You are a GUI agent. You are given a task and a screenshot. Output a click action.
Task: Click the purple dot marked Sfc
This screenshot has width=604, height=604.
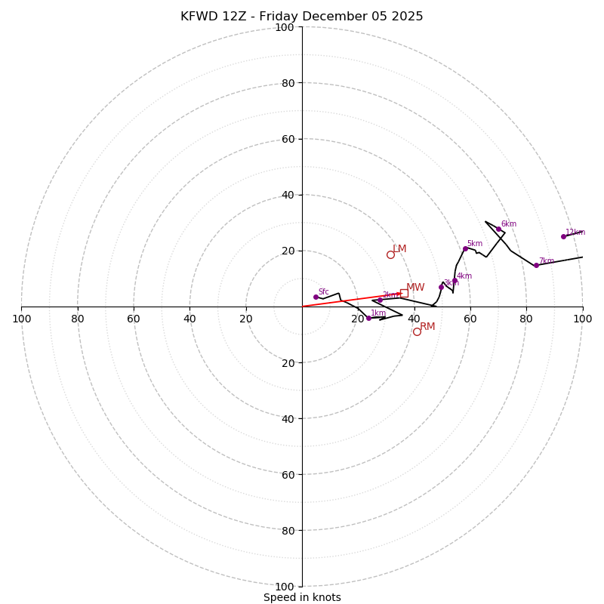(x=316, y=297)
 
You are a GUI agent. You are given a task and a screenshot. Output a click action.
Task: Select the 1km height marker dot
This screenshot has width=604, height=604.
(x=368, y=318)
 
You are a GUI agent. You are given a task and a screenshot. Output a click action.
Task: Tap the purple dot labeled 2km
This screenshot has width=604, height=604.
(x=380, y=300)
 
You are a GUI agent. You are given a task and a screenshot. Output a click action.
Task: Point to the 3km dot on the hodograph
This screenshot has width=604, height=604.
(x=441, y=287)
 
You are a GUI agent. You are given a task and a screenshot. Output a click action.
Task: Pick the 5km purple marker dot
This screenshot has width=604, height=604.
(x=465, y=248)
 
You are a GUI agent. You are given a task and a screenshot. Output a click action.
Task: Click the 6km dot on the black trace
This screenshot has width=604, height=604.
(x=498, y=229)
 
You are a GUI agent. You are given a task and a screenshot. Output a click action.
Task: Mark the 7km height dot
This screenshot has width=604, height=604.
(x=536, y=265)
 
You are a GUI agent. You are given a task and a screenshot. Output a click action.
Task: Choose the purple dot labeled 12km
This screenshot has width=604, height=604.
(x=563, y=236)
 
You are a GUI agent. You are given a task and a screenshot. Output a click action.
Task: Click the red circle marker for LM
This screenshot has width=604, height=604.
(x=390, y=254)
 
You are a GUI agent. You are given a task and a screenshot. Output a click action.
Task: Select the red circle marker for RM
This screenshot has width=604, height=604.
(x=417, y=331)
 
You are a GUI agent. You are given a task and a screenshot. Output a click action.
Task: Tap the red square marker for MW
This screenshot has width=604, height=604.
(x=404, y=293)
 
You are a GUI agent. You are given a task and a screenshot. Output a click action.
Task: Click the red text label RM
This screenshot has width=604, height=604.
(x=427, y=326)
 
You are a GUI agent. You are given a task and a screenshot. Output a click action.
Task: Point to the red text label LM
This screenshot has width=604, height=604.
(x=399, y=248)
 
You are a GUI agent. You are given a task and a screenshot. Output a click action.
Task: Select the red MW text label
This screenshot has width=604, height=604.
(x=415, y=287)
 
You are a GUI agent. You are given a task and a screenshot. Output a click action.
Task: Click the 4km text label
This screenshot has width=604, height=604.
(x=464, y=276)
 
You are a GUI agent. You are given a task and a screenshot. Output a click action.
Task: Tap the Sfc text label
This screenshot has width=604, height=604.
(x=323, y=291)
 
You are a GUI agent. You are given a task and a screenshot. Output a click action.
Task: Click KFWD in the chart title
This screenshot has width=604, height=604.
(x=198, y=17)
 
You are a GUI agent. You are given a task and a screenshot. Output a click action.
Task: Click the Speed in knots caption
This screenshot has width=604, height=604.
(x=302, y=597)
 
